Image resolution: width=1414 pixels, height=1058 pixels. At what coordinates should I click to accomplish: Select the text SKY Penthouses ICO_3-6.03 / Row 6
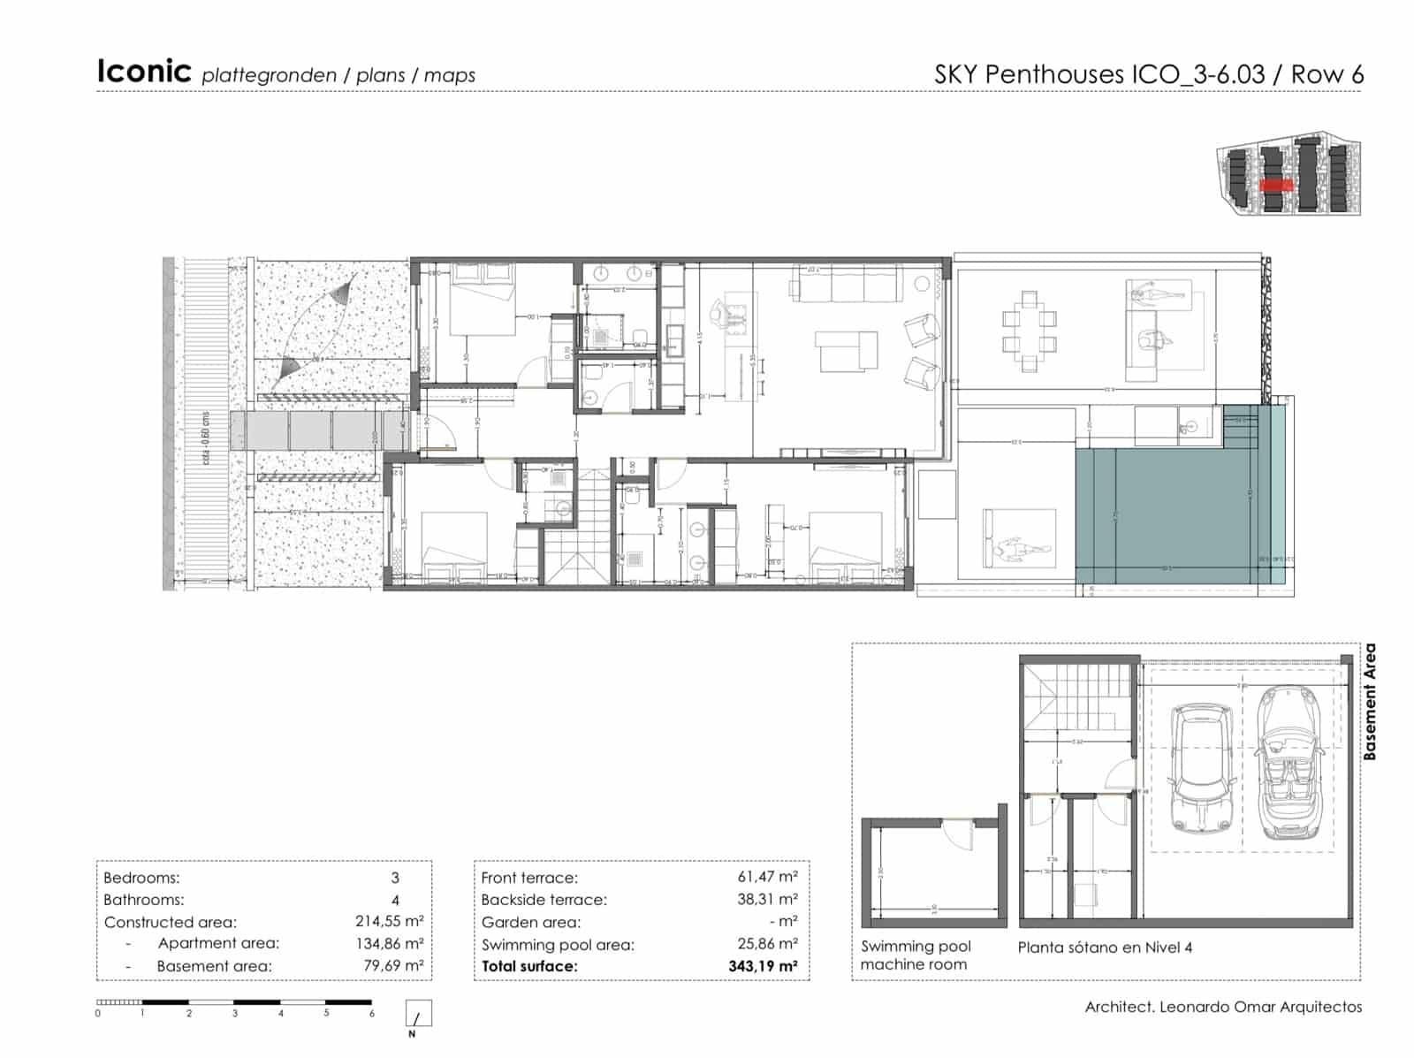click(1148, 74)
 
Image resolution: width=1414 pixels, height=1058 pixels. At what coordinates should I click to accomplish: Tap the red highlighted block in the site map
click(1276, 185)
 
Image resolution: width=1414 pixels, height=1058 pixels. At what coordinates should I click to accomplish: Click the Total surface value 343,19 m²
click(763, 966)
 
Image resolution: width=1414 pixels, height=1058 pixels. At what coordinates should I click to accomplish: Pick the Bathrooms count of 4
click(395, 900)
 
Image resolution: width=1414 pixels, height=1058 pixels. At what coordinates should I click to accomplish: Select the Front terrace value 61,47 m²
click(767, 877)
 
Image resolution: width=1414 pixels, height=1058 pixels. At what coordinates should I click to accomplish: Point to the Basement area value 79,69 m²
click(393, 966)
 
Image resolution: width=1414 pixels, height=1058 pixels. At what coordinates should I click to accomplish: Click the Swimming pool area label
click(557, 945)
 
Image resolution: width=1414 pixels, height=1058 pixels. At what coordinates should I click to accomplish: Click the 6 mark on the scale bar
click(372, 1014)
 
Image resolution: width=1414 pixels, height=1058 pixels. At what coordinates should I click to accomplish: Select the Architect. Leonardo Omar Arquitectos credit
click(1223, 1007)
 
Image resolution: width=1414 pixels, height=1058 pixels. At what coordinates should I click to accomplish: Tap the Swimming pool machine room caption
click(915, 955)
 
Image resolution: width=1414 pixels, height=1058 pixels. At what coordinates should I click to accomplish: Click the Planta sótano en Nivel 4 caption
click(1105, 948)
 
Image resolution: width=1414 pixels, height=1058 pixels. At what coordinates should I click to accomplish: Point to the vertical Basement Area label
click(1369, 703)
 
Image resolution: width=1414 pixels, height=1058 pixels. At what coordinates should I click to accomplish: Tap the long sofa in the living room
click(848, 286)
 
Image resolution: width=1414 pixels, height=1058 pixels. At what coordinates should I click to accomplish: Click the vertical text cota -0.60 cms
click(206, 438)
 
